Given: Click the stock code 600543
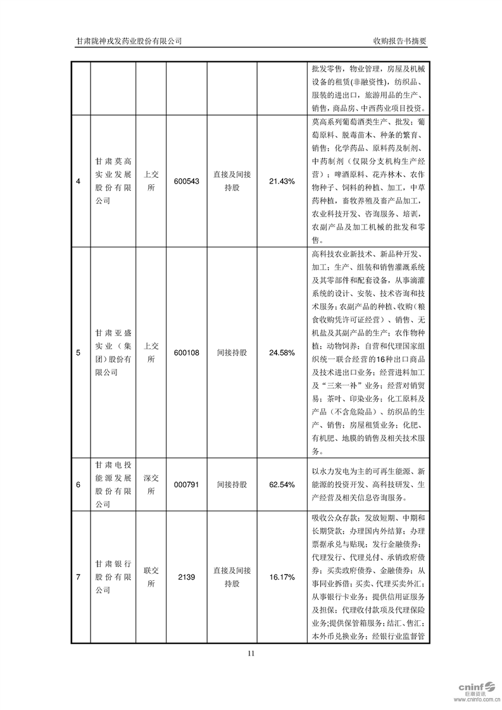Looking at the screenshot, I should click(x=187, y=181).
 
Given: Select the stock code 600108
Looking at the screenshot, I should click(x=187, y=352).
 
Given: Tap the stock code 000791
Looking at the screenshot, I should click(x=187, y=485).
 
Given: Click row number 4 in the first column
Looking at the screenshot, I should click(x=78, y=182).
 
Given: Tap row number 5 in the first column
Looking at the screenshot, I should click(x=78, y=352).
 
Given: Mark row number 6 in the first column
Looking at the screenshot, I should click(x=78, y=485).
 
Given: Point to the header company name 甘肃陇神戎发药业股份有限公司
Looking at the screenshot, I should click(x=129, y=40).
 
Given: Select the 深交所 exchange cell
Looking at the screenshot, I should click(x=151, y=485).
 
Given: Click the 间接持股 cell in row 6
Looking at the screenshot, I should click(x=232, y=485).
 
